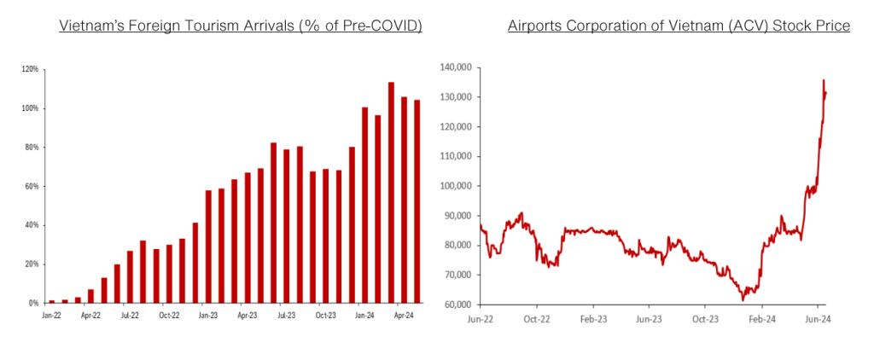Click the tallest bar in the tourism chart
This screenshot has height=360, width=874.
click(x=391, y=193)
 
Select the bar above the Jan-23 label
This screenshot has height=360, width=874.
click(x=208, y=247)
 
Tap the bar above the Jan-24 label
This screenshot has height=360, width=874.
click(x=364, y=205)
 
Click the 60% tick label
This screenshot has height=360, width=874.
click(x=32, y=186)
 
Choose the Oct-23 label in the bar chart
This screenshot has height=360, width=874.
click(x=325, y=315)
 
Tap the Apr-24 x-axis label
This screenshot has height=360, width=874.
click(x=403, y=315)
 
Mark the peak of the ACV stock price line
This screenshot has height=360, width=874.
click(x=824, y=81)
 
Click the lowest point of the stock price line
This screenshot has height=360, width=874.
click(x=743, y=299)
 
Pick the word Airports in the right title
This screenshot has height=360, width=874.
click(x=535, y=26)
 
